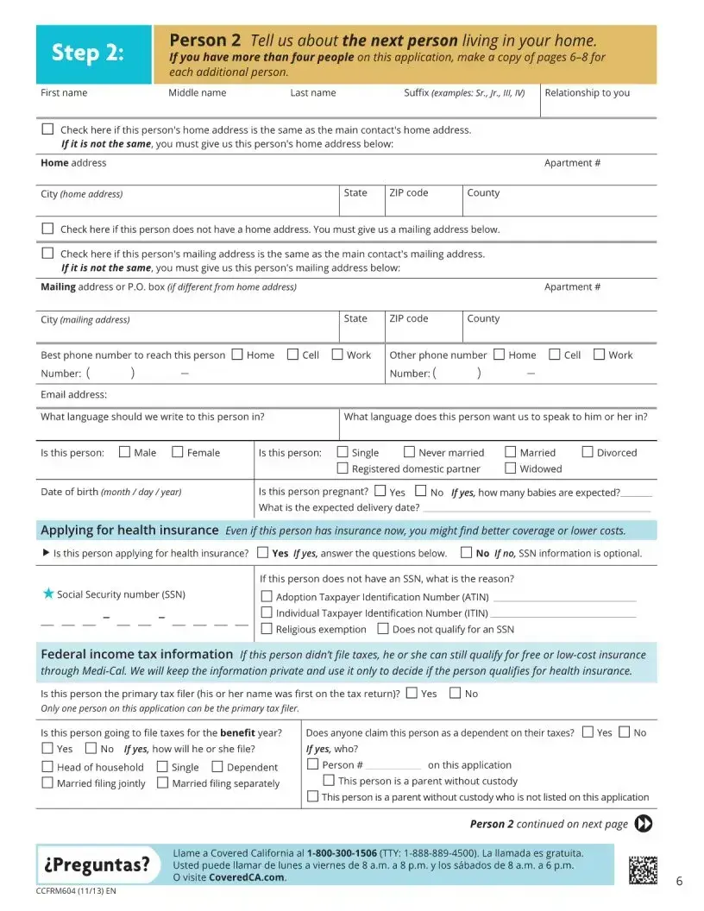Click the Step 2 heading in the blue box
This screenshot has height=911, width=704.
click(88, 53)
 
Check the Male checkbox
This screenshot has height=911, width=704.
click(125, 451)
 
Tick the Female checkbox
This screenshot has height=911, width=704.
click(178, 451)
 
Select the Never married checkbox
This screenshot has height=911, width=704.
click(409, 451)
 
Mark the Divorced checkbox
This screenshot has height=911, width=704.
click(588, 451)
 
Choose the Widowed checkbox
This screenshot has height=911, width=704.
click(511, 468)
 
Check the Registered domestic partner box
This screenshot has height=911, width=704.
click(343, 468)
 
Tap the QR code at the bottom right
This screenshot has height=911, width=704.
click(643, 870)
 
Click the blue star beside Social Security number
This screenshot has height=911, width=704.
click(48, 594)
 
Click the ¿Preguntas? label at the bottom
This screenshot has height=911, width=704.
click(97, 864)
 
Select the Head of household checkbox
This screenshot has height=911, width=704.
click(47, 766)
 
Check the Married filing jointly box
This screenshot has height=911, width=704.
click(47, 782)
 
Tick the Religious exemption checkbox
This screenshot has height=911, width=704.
click(267, 629)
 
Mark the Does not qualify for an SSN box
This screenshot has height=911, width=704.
click(383, 629)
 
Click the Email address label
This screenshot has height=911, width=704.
click(74, 394)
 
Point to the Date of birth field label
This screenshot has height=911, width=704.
click(111, 492)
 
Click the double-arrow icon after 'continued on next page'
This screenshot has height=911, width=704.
click(643, 823)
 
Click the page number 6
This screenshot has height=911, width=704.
click(679, 881)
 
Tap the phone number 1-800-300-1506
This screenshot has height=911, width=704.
click(343, 852)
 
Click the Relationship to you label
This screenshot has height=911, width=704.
click(587, 92)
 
